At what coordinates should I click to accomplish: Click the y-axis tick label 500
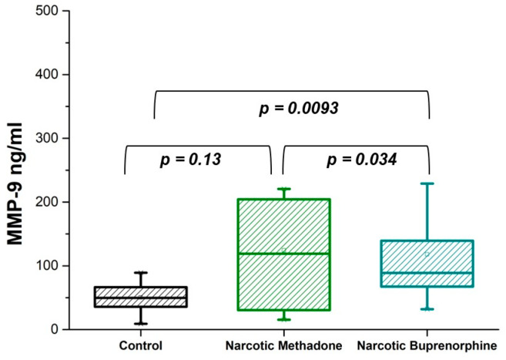[x=46, y=11]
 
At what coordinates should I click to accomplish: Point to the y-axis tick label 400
[x=46, y=75]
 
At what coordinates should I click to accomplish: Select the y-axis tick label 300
[x=46, y=138]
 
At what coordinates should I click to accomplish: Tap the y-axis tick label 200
[x=46, y=202]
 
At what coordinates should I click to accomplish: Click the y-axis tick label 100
[x=46, y=266]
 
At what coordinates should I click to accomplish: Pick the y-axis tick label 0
[x=54, y=329]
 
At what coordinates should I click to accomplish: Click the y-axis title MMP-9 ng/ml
[x=15, y=183]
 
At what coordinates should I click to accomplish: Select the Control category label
[x=141, y=346]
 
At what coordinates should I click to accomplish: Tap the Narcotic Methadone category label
[x=283, y=346]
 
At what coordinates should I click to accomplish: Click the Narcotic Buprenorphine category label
[x=427, y=346]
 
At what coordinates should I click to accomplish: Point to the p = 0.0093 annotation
[x=299, y=108]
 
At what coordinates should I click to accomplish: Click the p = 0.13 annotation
[x=190, y=160]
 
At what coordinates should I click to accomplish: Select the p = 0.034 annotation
[x=362, y=160]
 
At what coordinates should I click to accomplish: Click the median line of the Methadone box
[x=284, y=254]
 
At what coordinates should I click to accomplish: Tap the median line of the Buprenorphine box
[x=427, y=273]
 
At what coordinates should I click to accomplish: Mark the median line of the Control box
[x=141, y=298]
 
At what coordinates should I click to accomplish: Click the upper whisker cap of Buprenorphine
[x=427, y=183]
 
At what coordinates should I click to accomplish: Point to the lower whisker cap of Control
[x=141, y=324]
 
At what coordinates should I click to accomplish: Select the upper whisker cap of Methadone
[x=284, y=189]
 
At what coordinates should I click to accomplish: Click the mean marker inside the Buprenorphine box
[x=427, y=254]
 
